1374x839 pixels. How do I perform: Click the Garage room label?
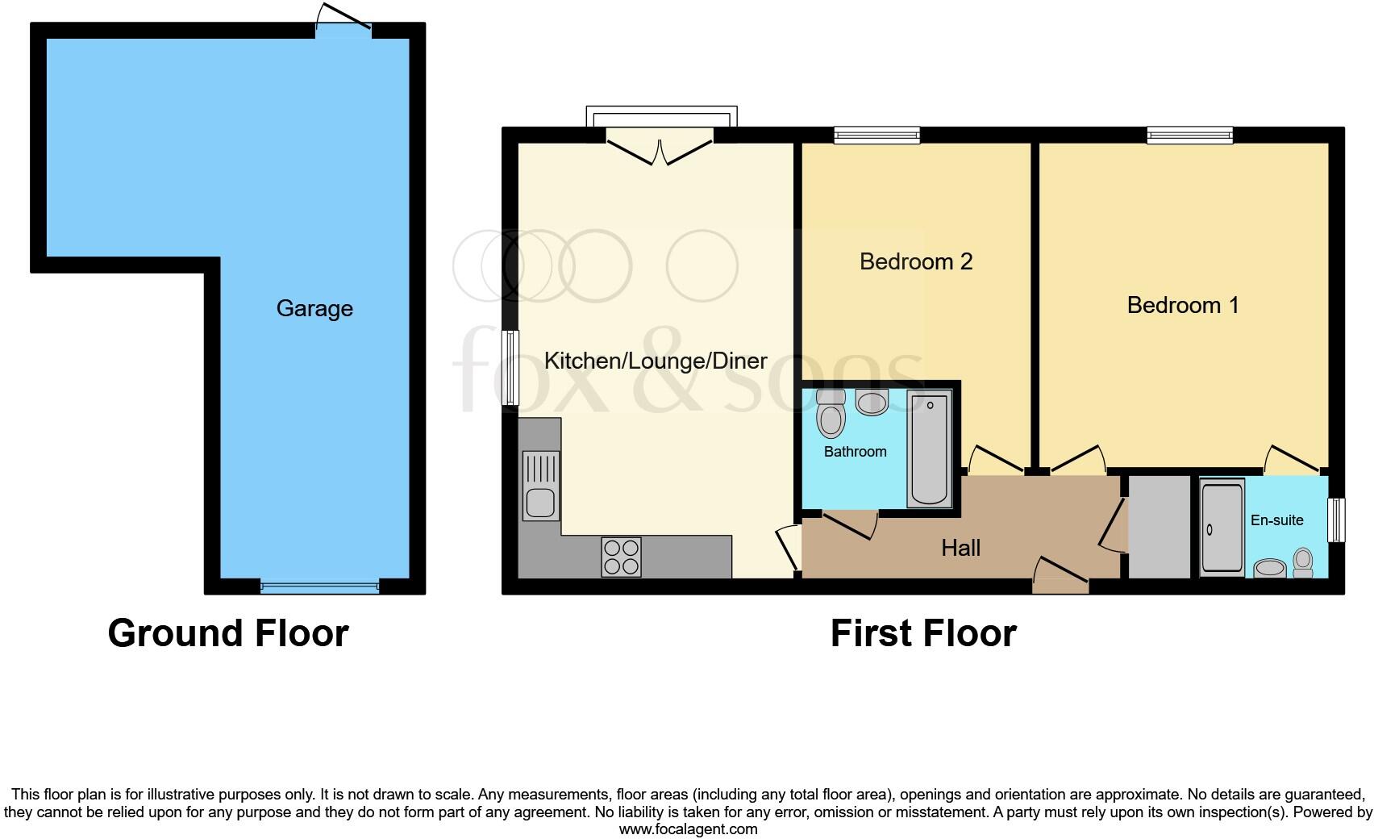click(x=314, y=308)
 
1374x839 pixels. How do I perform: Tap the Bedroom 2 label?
click(x=916, y=261)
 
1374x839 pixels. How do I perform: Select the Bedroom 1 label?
click(x=1182, y=305)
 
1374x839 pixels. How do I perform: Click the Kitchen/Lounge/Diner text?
click(x=656, y=361)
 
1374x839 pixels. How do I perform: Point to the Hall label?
click(x=960, y=549)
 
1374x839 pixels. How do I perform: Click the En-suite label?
click(x=1276, y=520)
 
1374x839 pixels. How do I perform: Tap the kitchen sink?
click(x=539, y=485)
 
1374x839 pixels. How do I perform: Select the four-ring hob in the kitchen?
click(x=621, y=557)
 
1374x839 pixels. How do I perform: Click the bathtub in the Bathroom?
click(x=929, y=449)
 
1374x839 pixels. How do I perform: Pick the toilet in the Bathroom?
click(x=830, y=414)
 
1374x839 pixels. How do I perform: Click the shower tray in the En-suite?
click(x=1222, y=528)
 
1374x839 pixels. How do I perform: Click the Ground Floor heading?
click(x=228, y=633)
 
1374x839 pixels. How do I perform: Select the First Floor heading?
click(x=923, y=633)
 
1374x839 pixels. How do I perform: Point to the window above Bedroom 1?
click(x=1189, y=135)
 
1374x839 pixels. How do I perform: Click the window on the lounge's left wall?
click(x=510, y=368)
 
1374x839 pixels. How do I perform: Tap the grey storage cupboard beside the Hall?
click(x=1159, y=527)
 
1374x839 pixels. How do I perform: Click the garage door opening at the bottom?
click(x=319, y=586)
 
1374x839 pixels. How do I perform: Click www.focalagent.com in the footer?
click(x=688, y=829)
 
